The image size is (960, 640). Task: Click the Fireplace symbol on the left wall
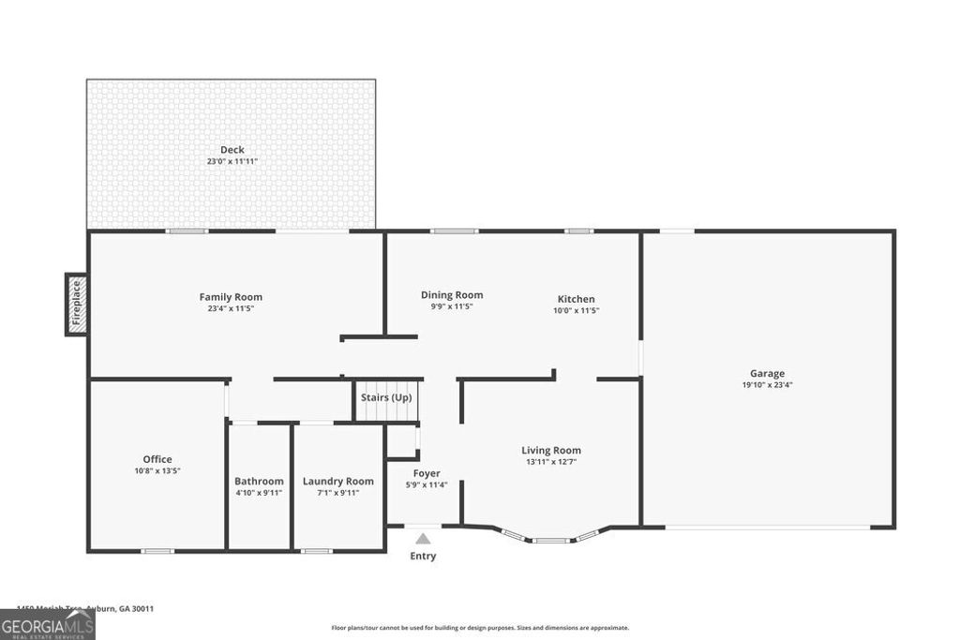tap(77, 305)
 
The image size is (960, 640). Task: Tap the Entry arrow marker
tap(423, 539)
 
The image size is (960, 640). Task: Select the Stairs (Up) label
tap(386, 398)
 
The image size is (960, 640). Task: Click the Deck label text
tap(232, 150)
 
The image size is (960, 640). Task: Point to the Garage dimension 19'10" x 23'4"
tap(767, 385)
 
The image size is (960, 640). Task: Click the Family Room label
tap(231, 297)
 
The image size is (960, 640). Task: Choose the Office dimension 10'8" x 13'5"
tap(157, 470)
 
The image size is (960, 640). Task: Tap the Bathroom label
tap(259, 482)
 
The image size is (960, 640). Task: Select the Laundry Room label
tap(337, 482)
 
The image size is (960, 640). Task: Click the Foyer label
tap(427, 473)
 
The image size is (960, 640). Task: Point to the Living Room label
tap(551, 450)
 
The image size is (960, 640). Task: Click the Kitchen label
tap(575, 299)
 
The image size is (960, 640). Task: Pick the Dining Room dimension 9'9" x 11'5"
tap(452, 306)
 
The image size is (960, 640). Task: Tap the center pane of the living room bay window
tap(550, 541)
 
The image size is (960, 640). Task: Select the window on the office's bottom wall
tap(157, 551)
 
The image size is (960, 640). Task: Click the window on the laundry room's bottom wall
tap(316, 551)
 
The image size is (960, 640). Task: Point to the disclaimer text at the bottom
tap(480, 628)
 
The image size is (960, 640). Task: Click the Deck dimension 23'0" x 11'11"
tap(232, 161)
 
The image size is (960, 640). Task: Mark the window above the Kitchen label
tap(578, 231)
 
